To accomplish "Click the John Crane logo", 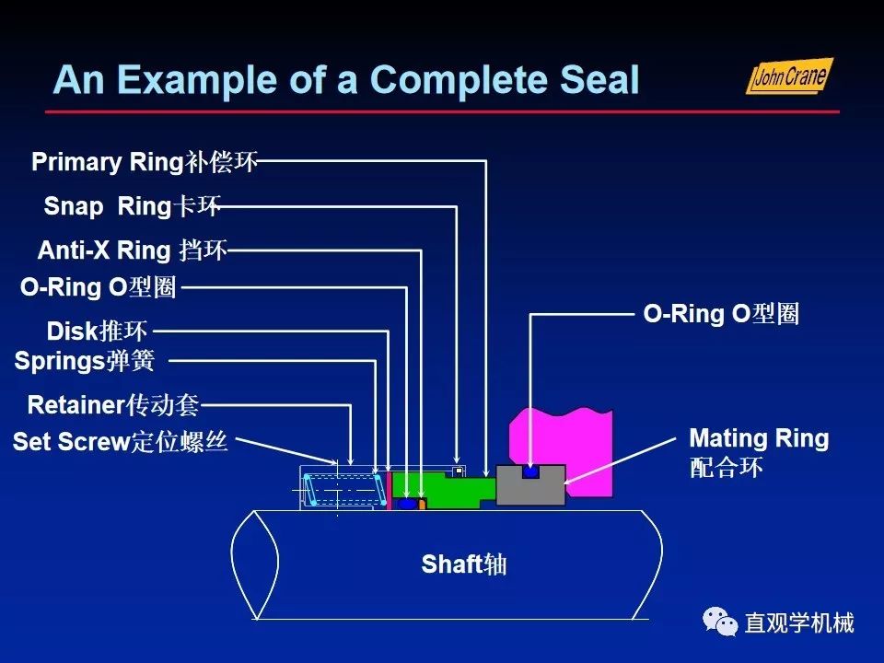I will click(788, 76).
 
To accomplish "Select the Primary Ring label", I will click(145, 163).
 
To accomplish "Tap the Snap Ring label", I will click(132, 206).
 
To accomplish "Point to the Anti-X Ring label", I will click(132, 250).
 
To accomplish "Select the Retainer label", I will click(113, 405).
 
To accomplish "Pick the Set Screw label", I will click(120, 442).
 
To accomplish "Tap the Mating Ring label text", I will click(759, 438).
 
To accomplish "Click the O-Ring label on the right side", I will click(720, 314).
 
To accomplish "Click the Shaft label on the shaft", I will click(463, 564).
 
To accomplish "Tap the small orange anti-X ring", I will click(422, 505).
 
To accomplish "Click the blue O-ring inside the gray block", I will click(529, 471).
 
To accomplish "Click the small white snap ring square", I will click(458, 472).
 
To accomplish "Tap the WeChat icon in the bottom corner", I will click(720, 622).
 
